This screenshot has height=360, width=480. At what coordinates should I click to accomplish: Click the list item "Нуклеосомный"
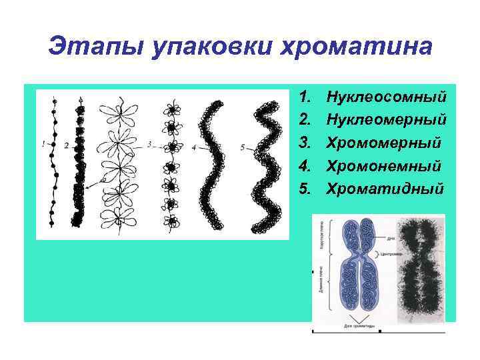pyautogui.click(x=385, y=97)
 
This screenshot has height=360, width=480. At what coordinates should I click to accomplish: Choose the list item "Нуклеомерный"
pyautogui.click(x=385, y=120)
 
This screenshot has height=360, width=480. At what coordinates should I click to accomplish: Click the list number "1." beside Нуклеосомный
pyautogui.click(x=306, y=97)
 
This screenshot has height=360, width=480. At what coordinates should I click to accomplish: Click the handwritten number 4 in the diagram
pyautogui.click(x=193, y=147)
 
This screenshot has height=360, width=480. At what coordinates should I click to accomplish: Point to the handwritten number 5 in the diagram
pyautogui.click(x=243, y=147)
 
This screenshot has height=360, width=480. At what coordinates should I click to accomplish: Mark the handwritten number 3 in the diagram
pyautogui.click(x=149, y=143)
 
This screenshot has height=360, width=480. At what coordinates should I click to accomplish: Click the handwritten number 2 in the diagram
pyautogui.click(x=66, y=145)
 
